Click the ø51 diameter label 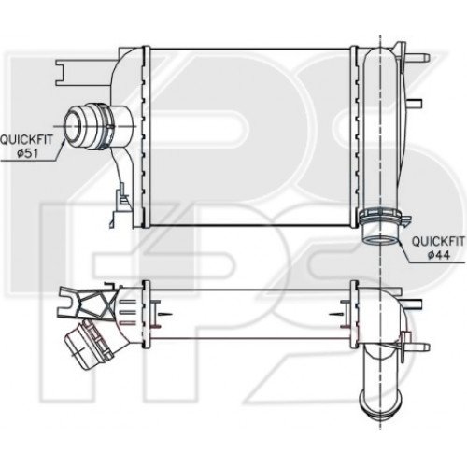pos(30,153)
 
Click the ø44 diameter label pos(439,255)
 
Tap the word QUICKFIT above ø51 pos(26,139)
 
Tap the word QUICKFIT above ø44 pos(438,241)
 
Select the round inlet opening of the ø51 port pos(72,126)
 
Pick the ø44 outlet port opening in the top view pos(380,240)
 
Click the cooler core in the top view pos(250,136)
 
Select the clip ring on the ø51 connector pos(106,126)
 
